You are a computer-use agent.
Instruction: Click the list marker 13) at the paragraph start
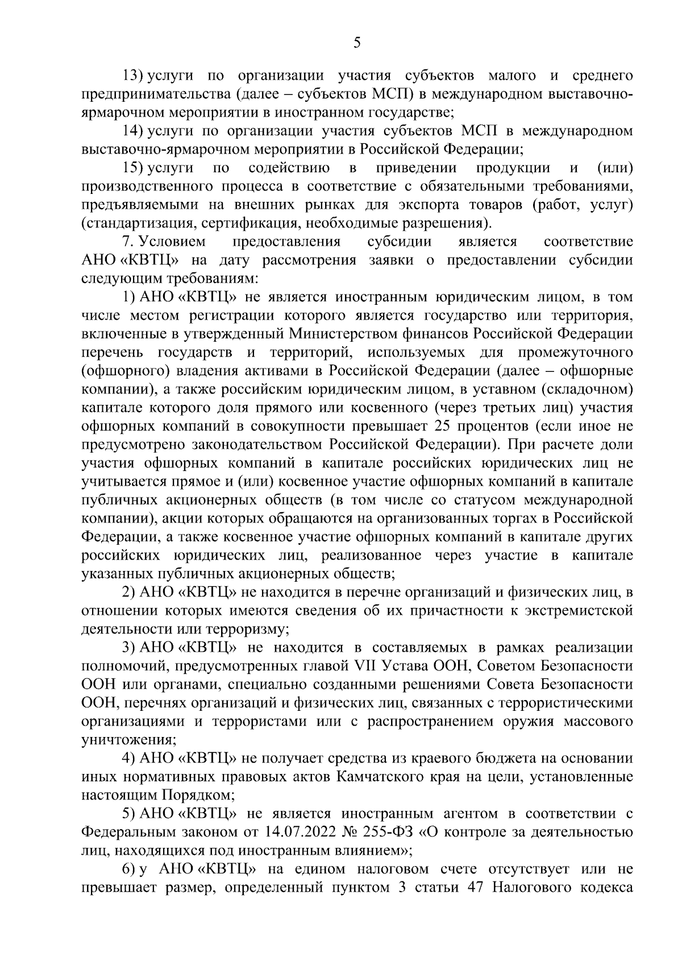(x=135, y=75)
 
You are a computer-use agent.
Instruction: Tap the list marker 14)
(x=135, y=131)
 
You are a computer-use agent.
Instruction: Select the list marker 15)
(x=135, y=168)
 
